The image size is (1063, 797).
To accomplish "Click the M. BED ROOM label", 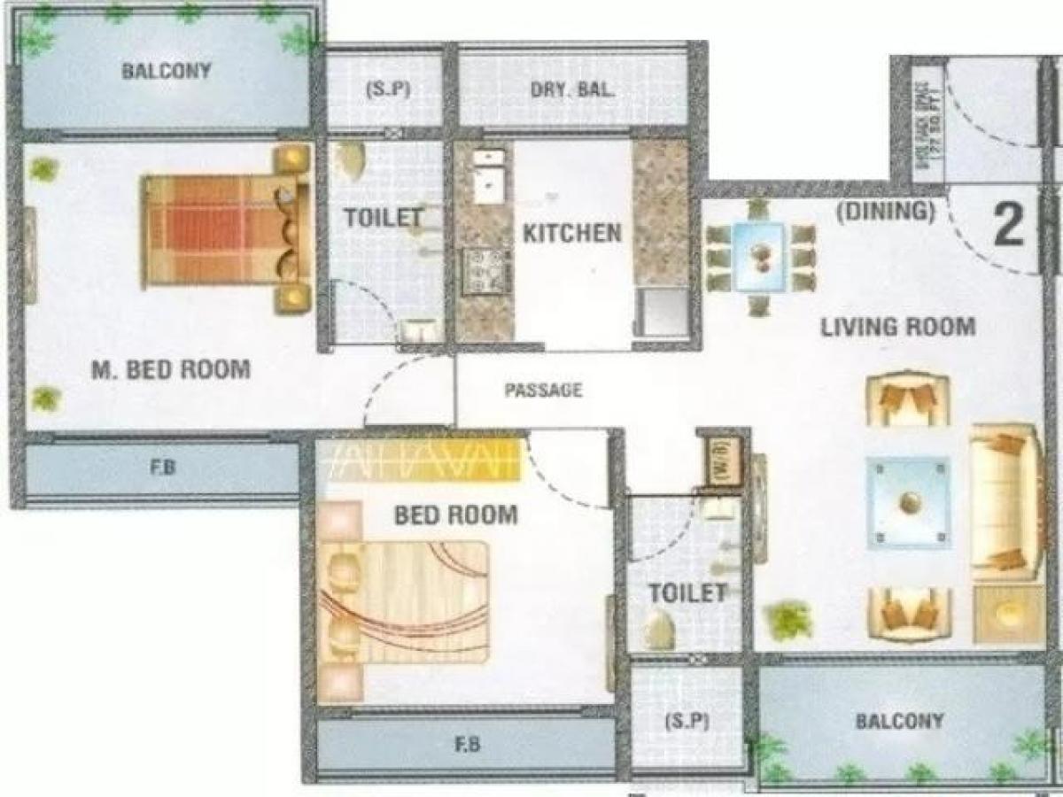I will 171,369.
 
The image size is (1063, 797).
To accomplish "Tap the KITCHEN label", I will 571,234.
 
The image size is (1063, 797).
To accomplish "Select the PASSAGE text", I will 544,390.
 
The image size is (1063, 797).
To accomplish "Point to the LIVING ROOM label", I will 897,327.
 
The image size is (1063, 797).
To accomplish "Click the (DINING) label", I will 887,212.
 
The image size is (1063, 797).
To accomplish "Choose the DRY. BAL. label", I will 572,89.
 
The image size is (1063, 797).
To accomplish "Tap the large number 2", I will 1008,225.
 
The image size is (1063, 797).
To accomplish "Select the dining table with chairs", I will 759,257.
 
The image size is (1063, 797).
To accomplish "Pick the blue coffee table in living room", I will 908,502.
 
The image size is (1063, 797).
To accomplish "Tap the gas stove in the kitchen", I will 485,270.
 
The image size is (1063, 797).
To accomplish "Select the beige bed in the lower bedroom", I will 407,602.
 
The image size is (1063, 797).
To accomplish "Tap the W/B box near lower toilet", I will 719,461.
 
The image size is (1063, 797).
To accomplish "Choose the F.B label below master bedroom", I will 162,468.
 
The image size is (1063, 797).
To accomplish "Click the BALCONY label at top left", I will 167,71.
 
